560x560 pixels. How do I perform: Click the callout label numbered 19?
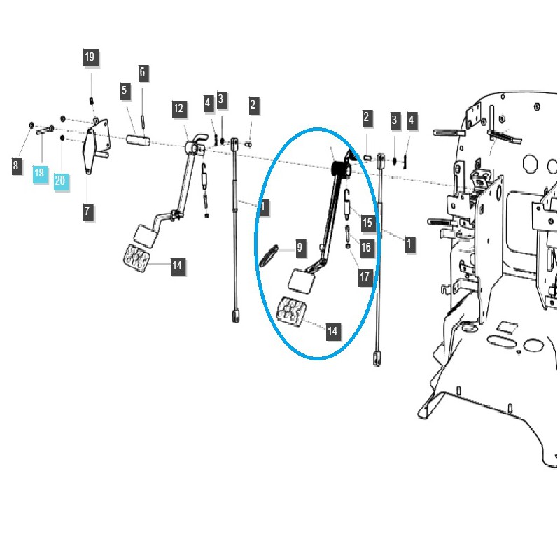90,57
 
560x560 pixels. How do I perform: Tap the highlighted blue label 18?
40,174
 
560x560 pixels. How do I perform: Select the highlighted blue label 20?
61,181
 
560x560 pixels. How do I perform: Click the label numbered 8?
15,165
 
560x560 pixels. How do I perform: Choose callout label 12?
179,108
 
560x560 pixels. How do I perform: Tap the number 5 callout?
125,90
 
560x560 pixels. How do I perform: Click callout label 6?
143,73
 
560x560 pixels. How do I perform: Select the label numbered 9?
300,248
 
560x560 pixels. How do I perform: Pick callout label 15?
368,223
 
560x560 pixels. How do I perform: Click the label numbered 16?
367,248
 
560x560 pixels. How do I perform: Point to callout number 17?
365,277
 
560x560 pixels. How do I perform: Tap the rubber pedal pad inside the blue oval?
292,311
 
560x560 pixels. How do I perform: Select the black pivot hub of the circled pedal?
341,169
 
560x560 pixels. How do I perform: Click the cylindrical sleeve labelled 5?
139,139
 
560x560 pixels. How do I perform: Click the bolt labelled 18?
45,129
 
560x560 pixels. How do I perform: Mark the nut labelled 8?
31,125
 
